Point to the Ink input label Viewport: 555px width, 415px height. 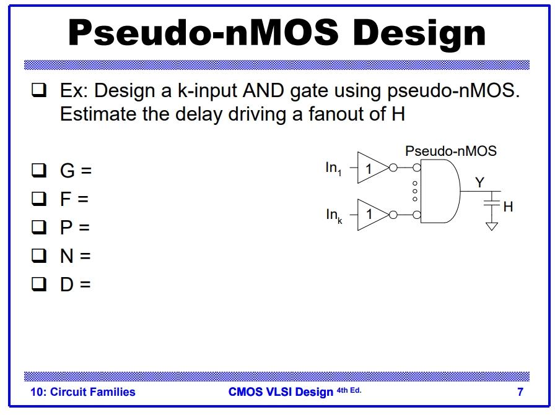click(x=333, y=215)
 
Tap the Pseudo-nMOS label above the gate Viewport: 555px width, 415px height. click(x=450, y=151)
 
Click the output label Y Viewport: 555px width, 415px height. click(x=479, y=181)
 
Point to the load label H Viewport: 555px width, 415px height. click(x=508, y=207)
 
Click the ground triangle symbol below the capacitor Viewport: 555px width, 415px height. click(x=492, y=226)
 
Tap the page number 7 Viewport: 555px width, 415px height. click(x=520, y=391)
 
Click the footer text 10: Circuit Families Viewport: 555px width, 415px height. click(x=83, y=391)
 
